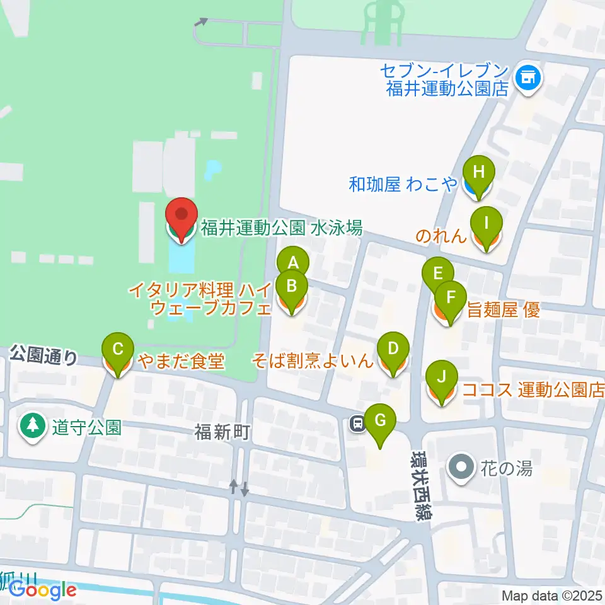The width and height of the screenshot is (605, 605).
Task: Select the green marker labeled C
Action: (x=117, y=349)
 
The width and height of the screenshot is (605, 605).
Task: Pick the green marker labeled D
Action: (x=393, y=349)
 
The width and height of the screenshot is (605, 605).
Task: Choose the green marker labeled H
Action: (x=479, y=171)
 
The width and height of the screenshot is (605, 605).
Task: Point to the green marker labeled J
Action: (x=442, y=377)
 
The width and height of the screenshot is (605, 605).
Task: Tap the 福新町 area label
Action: (x=222, y=432)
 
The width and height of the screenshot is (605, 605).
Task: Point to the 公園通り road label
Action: (x=44, y=357)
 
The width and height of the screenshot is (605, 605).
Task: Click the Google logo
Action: (x=42, y=589)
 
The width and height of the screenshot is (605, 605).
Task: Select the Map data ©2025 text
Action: (x=552, y=595)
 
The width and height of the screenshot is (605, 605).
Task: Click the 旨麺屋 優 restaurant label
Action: (x=503, y=309)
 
